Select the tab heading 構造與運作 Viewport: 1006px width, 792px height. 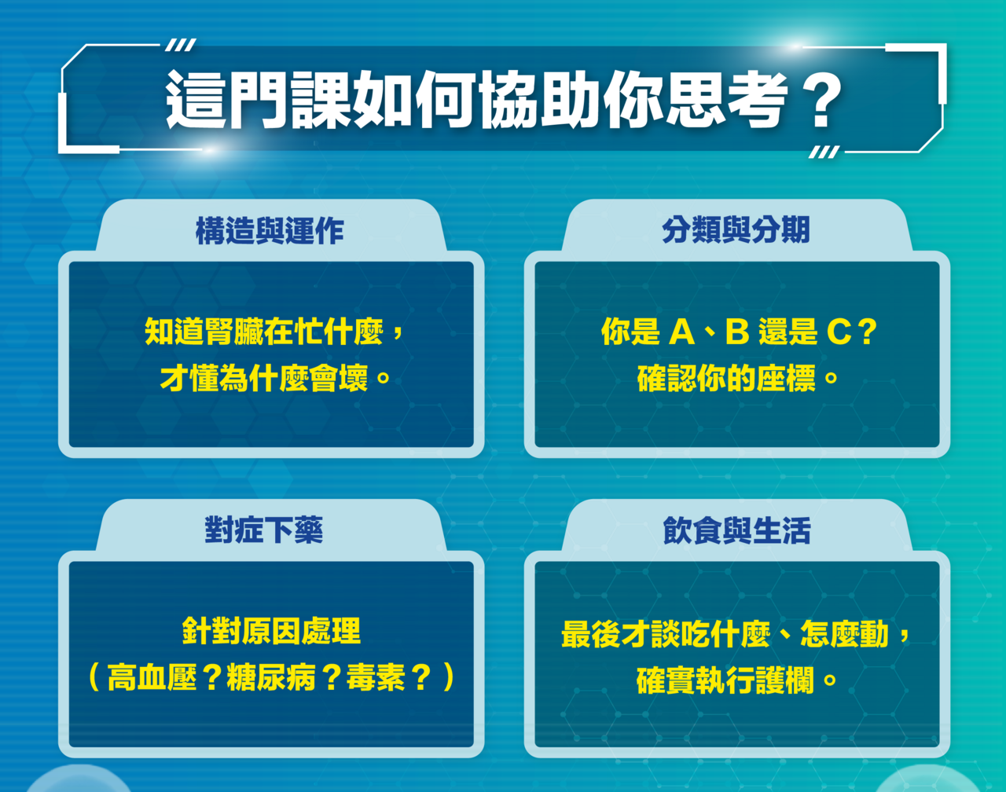[x=270, y=230]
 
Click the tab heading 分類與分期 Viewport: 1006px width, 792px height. [x=736, y=229]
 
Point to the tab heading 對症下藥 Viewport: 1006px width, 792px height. [x=264, y=530]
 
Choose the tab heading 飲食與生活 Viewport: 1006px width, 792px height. [x=736, y=530]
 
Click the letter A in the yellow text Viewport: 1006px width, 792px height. [x=682, y=332]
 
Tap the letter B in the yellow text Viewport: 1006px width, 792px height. [x=737, y=332]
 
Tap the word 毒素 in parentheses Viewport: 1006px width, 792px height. [x=376, y=677]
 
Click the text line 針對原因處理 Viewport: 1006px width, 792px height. [x=272, y=631]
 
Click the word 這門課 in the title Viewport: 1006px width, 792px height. [x=258, y=99]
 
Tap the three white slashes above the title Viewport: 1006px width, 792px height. [x=181, y=45]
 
